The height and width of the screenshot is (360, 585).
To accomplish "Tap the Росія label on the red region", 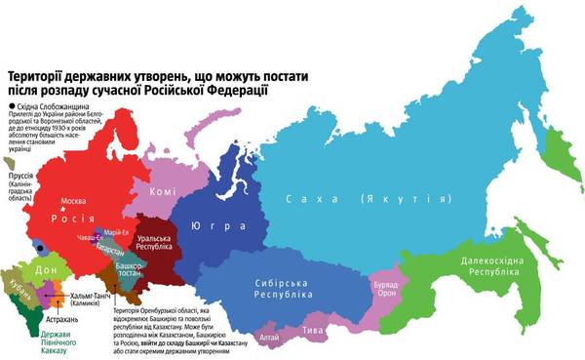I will [x=78, y=219].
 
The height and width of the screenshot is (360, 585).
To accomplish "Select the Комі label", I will [x=163, y=191].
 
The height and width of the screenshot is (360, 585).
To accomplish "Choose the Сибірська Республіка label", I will [x=281, y=287].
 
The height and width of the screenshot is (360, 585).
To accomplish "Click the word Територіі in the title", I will [x=46, y=76].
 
